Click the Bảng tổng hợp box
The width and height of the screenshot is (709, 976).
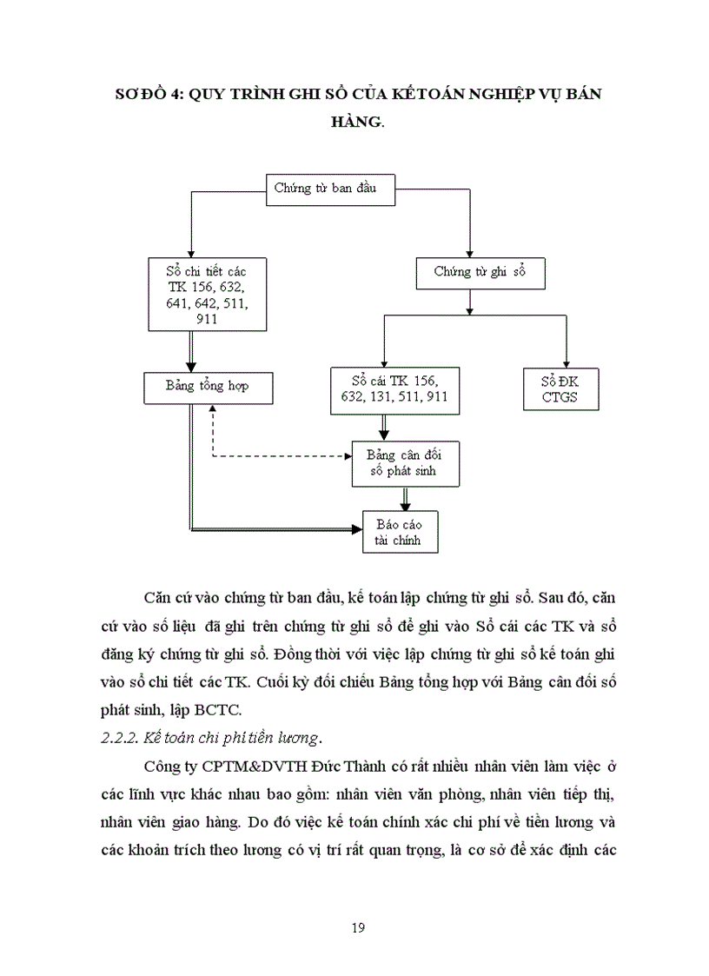(x=209, y=386)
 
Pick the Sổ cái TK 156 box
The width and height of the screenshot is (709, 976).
(x=394, y=390)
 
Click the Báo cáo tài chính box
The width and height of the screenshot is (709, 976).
(x=400, y=531)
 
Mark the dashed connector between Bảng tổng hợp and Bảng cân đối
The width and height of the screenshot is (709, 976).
(x=278, y=455)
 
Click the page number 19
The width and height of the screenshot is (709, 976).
(x=358, y=926)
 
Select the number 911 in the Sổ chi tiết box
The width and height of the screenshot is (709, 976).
(x=207, y=319)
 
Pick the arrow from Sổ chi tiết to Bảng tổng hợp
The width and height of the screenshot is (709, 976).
(x=191, y=352)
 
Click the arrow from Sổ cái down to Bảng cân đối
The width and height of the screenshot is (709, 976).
(x=384, y=427)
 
